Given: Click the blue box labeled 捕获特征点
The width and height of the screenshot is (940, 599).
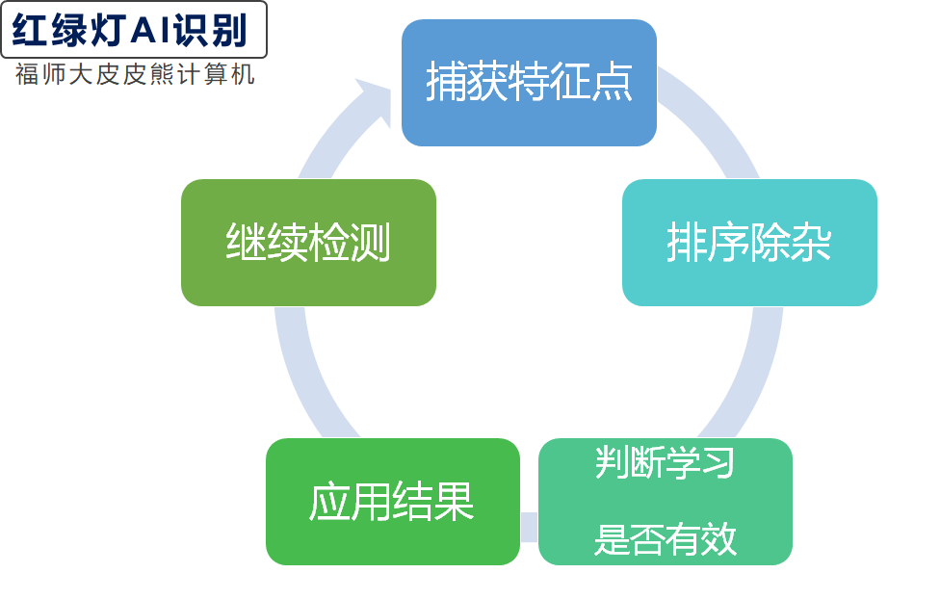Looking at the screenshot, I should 528,83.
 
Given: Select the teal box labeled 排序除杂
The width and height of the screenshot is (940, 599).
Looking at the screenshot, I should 748,243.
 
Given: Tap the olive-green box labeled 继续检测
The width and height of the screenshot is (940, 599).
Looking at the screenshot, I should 308,243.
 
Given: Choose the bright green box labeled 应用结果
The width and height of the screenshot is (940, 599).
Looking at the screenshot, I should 392,502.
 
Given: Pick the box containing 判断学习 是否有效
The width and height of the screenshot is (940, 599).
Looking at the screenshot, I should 665,502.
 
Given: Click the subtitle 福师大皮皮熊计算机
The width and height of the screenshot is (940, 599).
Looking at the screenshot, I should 135,75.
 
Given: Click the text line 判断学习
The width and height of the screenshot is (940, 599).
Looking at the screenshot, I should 665,463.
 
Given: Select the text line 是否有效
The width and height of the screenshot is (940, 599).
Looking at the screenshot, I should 665,539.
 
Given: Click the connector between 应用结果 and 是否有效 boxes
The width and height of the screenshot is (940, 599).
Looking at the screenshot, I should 529,527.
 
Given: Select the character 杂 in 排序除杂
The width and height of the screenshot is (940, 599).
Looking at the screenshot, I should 811,243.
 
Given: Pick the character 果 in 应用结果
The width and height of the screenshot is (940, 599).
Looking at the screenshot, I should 454,502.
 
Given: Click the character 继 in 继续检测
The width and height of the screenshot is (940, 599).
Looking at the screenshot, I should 246,243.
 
